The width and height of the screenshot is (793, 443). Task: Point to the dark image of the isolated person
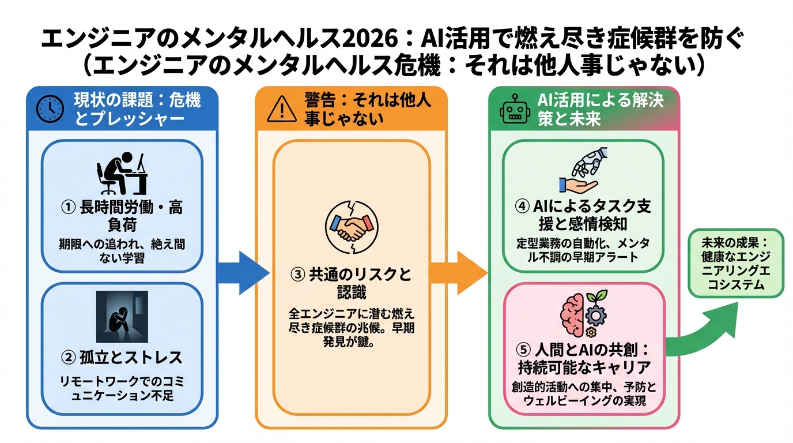click(122, 317)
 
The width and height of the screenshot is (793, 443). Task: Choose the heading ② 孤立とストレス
click(122, 358)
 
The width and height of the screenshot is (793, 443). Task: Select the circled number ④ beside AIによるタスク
click(523, 206)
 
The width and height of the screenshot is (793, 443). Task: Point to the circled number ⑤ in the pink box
click(523, 350)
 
